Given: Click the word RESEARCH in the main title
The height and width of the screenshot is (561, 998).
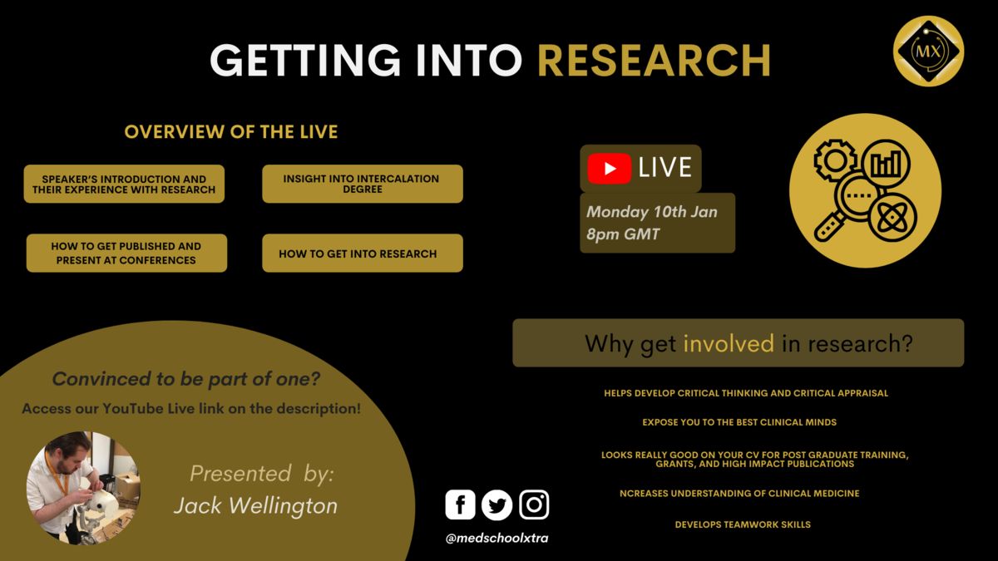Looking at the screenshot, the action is point(654,61).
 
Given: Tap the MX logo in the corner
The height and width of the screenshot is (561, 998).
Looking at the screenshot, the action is point(928,51).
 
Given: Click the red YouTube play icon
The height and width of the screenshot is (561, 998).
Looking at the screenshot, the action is point(609,168).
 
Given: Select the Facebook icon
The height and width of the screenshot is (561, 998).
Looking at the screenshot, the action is point(460,505).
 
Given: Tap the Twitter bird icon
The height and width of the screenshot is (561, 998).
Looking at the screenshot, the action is point(497,505).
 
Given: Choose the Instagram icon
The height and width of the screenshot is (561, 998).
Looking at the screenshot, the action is point(534,505).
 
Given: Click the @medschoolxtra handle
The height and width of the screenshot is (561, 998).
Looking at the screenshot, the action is point(497,539).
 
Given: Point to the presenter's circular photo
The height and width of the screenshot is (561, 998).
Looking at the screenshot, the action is point(83,488).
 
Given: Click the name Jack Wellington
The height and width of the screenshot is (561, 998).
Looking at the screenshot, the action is point(255,506).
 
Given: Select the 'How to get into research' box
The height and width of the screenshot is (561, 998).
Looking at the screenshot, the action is point(363,253).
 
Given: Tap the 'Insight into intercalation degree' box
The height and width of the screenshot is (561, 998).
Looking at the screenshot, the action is point(363,184).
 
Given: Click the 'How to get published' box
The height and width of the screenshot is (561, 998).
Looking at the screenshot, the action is point(126,253).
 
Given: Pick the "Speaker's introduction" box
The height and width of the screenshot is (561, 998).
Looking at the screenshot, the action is point(124,184).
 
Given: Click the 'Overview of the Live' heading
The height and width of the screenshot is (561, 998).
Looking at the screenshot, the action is point(231,132).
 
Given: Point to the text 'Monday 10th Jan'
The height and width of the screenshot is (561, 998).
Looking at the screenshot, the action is point(652,212).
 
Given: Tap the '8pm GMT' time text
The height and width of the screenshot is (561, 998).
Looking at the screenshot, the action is point(623,234).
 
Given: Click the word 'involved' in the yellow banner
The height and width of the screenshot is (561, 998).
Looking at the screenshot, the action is point(729,343).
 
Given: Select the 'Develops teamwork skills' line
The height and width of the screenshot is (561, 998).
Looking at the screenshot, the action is point(743,524).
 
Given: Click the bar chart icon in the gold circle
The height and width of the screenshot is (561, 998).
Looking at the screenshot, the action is point(886,164).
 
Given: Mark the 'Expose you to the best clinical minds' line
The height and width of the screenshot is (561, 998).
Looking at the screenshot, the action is point(739,422).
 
